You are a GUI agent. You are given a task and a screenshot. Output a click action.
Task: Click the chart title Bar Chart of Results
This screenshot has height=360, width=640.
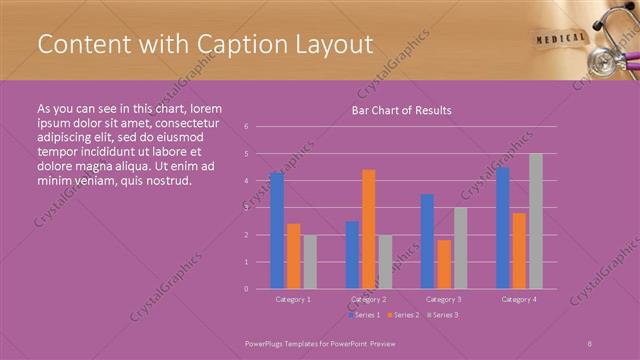(x=401, y=110)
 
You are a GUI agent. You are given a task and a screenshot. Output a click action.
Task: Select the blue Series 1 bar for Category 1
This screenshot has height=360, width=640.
(x=276, y=230)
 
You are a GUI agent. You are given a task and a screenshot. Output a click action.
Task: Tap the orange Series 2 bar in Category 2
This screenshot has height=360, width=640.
(x=368, y=229)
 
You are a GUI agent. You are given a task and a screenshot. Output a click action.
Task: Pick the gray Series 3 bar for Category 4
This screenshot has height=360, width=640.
(x=536, y=221)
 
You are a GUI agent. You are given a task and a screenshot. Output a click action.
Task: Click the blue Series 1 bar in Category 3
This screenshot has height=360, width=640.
(x=427, y=241)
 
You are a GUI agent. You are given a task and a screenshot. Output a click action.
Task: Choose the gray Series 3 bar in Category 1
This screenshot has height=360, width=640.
(x=310, y=262)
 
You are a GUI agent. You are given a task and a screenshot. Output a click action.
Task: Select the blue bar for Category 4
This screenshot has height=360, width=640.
(x=502, y=227)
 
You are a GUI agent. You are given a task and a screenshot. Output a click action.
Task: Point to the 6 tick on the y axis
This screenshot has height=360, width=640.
(x=246, y=127)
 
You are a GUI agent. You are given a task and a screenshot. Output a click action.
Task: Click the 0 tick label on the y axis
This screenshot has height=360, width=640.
(x=246, y=289)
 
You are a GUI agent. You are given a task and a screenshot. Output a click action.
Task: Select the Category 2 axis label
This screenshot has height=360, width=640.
(x=368, y=299)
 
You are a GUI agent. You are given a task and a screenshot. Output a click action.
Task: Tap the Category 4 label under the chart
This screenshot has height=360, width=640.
(x=518, y=299)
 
